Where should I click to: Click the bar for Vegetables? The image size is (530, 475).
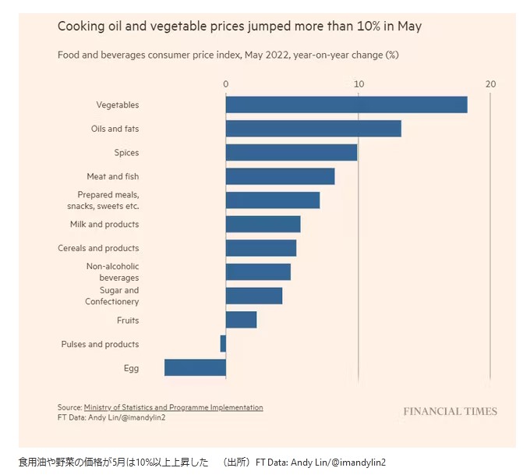(x=346, y=105)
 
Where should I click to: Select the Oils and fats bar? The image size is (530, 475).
(x=313, y=129)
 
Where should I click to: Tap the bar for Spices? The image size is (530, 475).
(x=291, y=152)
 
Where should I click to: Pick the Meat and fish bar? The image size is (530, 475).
(x=280, y=176)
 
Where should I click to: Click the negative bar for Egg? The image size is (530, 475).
(x=195, y=367)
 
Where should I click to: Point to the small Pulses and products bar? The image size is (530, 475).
(x=223, y=344)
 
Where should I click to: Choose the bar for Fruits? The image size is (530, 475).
(x=241, y=320)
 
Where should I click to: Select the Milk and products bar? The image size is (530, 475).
(x=263, y=224)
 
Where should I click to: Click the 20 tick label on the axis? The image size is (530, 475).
(x=490, y=83)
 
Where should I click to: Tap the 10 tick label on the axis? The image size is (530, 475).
(x=359, y=83)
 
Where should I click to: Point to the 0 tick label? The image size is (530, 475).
(x=226, y=83)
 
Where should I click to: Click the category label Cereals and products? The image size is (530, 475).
(x=98, y=248)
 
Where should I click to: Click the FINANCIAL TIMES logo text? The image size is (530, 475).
(x=450, y=411)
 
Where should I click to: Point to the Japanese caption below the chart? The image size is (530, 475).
(x=114, y=463)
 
